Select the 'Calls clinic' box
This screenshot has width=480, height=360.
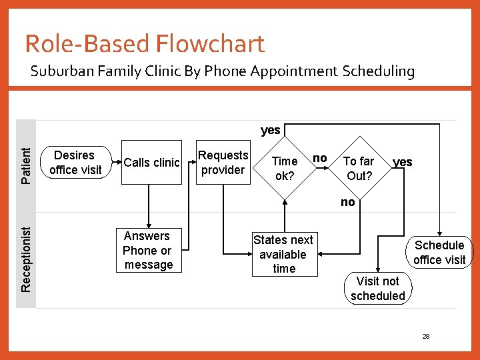(x=151, y=163)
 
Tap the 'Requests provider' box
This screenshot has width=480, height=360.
(x=223, y=163)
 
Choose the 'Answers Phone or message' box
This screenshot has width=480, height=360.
(x=148, y=251)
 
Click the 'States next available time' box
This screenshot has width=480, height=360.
(x=283, y=254)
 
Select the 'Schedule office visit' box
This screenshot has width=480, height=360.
(x=439, y=253)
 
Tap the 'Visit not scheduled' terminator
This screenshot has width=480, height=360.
(x=378, y=289)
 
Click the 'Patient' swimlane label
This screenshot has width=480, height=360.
(x=26, y=165)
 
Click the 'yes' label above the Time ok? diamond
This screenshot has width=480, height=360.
(x=270, y=130)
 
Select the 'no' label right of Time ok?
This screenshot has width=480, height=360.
(x=320, y=158)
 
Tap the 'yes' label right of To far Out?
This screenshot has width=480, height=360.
(x=402, y=162)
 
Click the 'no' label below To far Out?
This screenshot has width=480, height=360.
(x=347, y=202)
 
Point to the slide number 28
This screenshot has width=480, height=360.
(x=425, y=337)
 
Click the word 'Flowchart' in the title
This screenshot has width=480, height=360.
(x=210, y=44)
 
